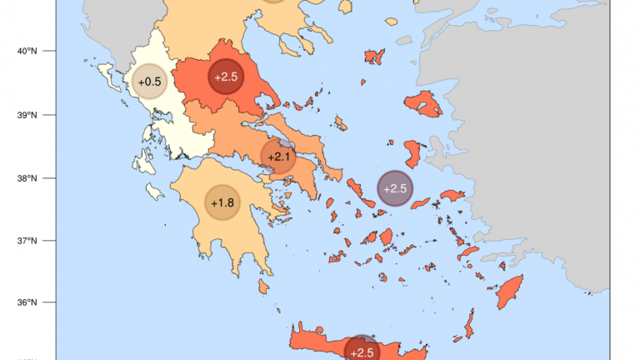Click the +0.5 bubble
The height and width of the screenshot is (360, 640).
pyautogui.click(x=150, y=82)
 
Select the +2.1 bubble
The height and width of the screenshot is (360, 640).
pyautogui.click(x=278, y=156)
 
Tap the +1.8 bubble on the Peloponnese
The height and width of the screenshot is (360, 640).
pyautogui.click(x=222, y=202)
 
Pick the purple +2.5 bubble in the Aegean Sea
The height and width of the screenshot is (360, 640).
pyautogui.click(x=394, y=188)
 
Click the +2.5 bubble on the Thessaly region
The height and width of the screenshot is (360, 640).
pyautogui.click(x=225, y=77)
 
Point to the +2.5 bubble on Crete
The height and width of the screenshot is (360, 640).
pyautogui.click(x=362, y=352)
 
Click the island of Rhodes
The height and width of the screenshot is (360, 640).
pyautogui.click(x=509, y=292)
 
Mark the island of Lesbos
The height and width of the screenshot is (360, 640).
pyautogui.click(x=423, y=104)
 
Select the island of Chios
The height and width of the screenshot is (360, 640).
pyautogui.click(x=412, y=154)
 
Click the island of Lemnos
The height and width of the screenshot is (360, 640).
pyautogui.click(x=374, y=56)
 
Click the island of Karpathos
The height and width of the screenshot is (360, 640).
pyautogui.click(x=469, y=322)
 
